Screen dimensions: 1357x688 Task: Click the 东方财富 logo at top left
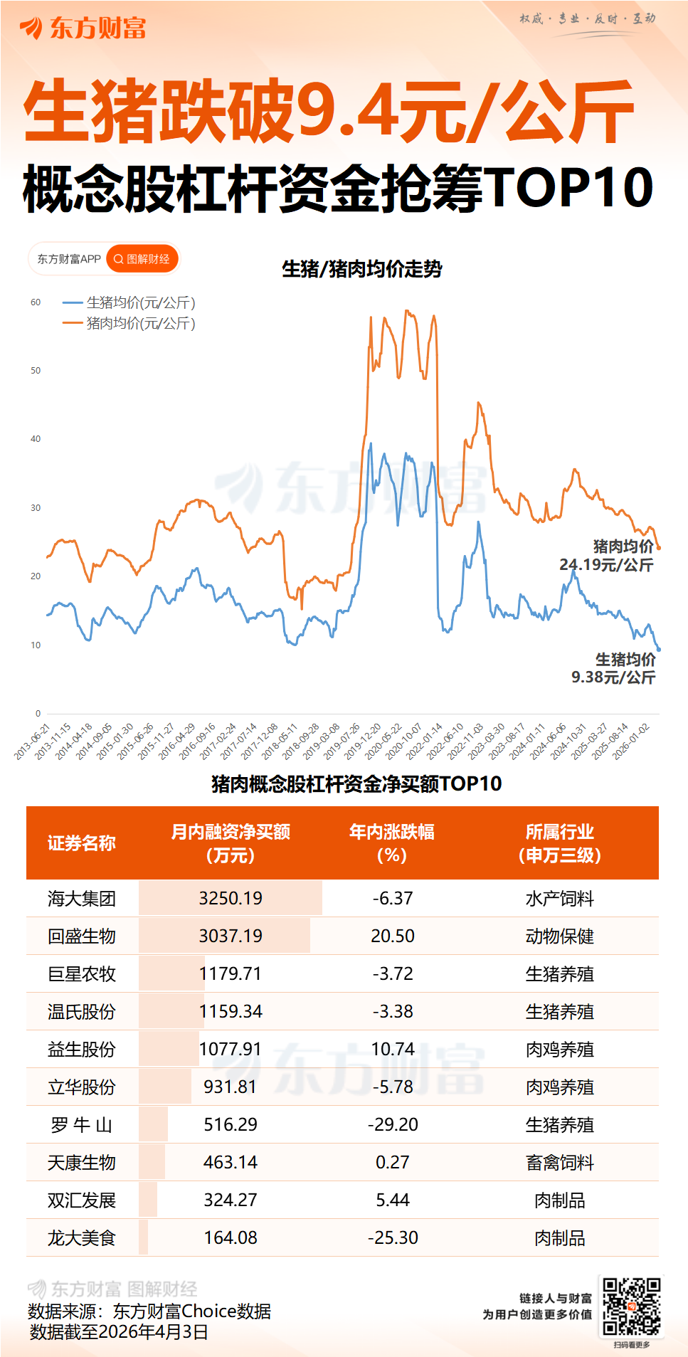(x=83, y=28)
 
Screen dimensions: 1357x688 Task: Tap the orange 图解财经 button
(x=142, y=259)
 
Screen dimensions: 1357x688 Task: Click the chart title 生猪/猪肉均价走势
(x=362, y=269)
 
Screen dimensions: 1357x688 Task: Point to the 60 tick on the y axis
(x=36, y=302)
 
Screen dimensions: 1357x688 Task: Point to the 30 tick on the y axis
(x=36, y=508)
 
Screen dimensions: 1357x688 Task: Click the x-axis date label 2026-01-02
(x=632, y=741)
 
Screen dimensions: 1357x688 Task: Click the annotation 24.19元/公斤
(x=606, y=565)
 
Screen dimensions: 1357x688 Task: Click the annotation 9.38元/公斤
(x=613, y=677)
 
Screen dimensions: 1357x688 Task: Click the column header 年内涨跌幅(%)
(x=392, y=843)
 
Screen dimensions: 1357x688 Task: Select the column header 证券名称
(x=82, y=843)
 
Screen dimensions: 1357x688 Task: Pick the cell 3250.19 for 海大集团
(x=231, y=899)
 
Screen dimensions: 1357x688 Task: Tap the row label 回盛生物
(x=82, y=936)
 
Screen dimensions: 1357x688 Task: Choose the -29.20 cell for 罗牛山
(x=393, y=1125)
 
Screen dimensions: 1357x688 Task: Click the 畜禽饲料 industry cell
(x=559, y=1163)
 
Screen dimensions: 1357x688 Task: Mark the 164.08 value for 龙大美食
(x=231, y=1238)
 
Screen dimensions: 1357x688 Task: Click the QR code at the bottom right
(x=631, y=1306)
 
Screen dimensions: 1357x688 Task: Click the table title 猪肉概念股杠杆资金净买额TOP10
(x=356, y=784)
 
